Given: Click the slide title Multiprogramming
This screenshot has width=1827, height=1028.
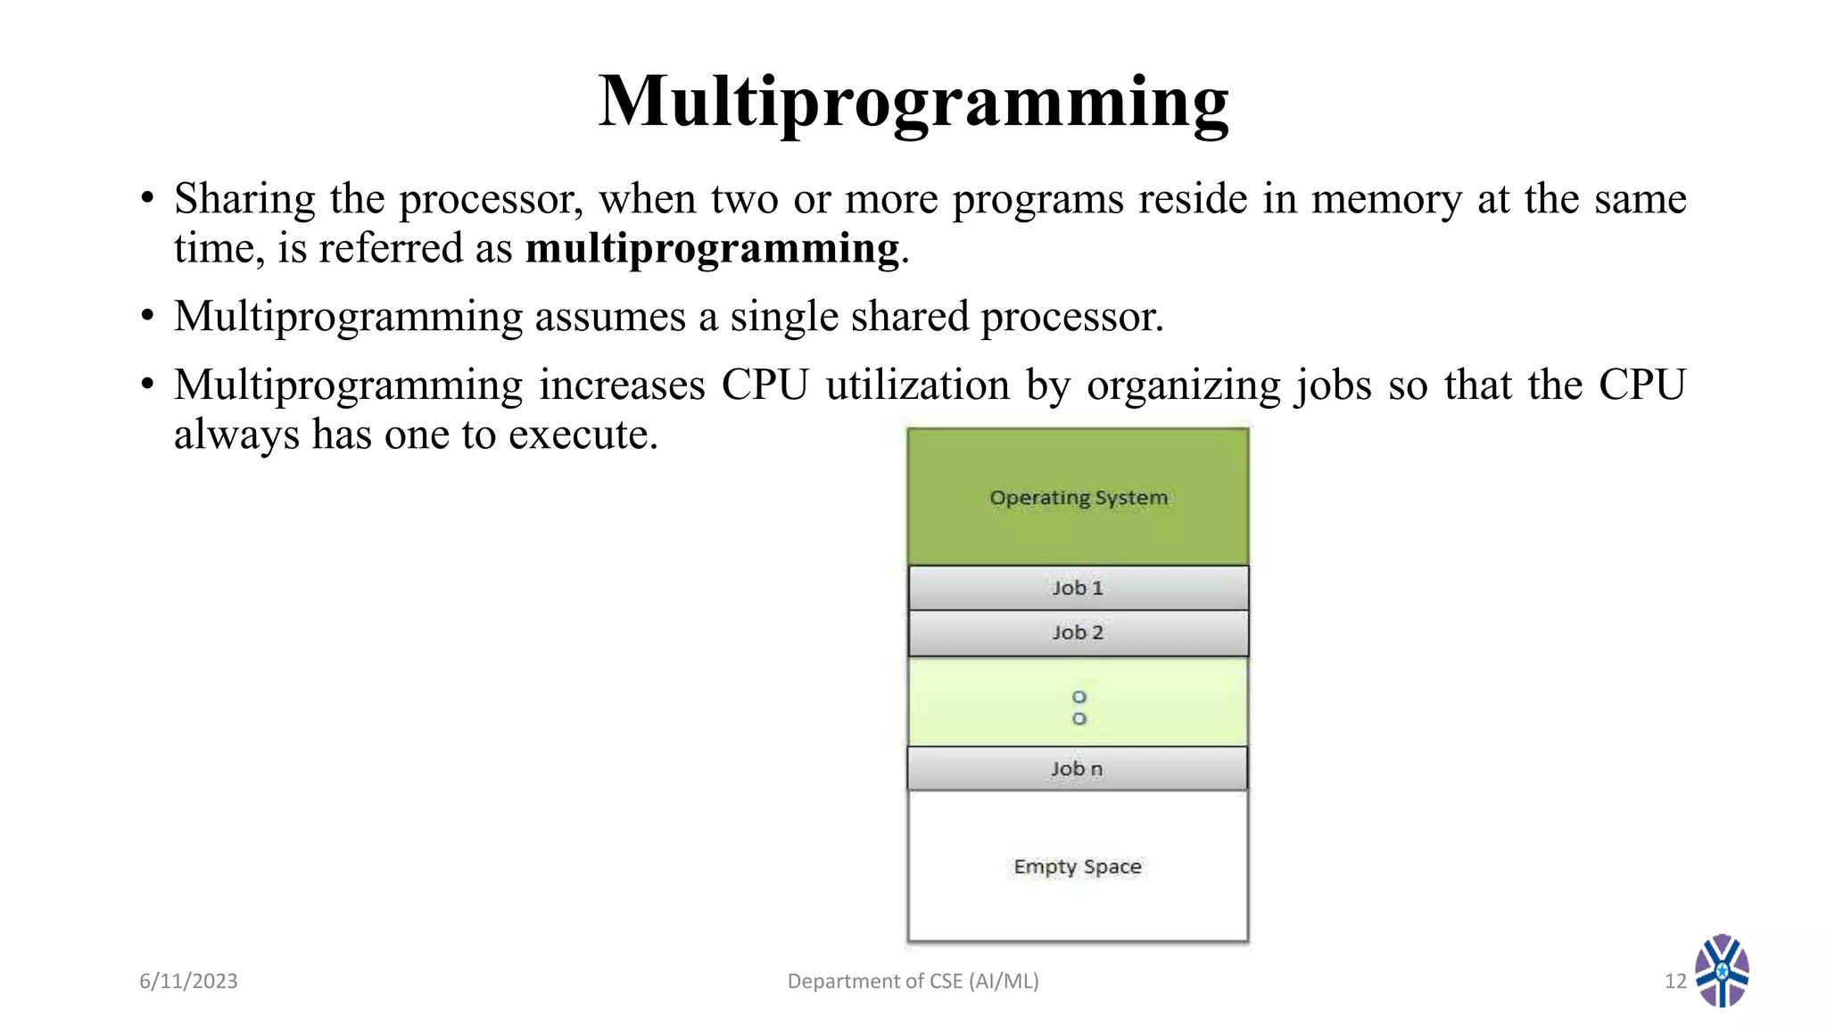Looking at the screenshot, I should (913, 102).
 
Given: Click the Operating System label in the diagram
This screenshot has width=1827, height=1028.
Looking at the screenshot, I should (1078, 497).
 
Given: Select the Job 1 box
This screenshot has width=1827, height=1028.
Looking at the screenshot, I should (1078, 588).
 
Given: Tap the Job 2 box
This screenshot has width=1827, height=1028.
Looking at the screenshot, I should (1078, 633).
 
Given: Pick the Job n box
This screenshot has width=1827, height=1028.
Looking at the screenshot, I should (1077, 768).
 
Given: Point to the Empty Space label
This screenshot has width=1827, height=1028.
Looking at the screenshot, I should (1077, 866).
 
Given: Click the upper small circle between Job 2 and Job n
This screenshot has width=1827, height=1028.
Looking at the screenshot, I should (1079, 697).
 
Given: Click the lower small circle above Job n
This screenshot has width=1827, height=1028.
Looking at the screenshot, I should (1079, 719).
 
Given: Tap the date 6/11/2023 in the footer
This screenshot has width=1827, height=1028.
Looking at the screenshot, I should (188, 981).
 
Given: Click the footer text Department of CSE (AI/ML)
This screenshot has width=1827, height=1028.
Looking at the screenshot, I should (913, 981).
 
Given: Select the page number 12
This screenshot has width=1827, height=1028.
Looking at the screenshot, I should (1674, 981).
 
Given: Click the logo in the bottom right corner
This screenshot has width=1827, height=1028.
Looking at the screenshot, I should (1722, 971).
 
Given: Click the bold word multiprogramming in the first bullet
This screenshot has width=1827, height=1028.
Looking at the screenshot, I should (712, 248).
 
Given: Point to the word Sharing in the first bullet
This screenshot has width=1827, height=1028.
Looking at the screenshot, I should (244, 199).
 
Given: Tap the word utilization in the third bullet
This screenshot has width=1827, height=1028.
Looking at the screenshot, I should (917, 385).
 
